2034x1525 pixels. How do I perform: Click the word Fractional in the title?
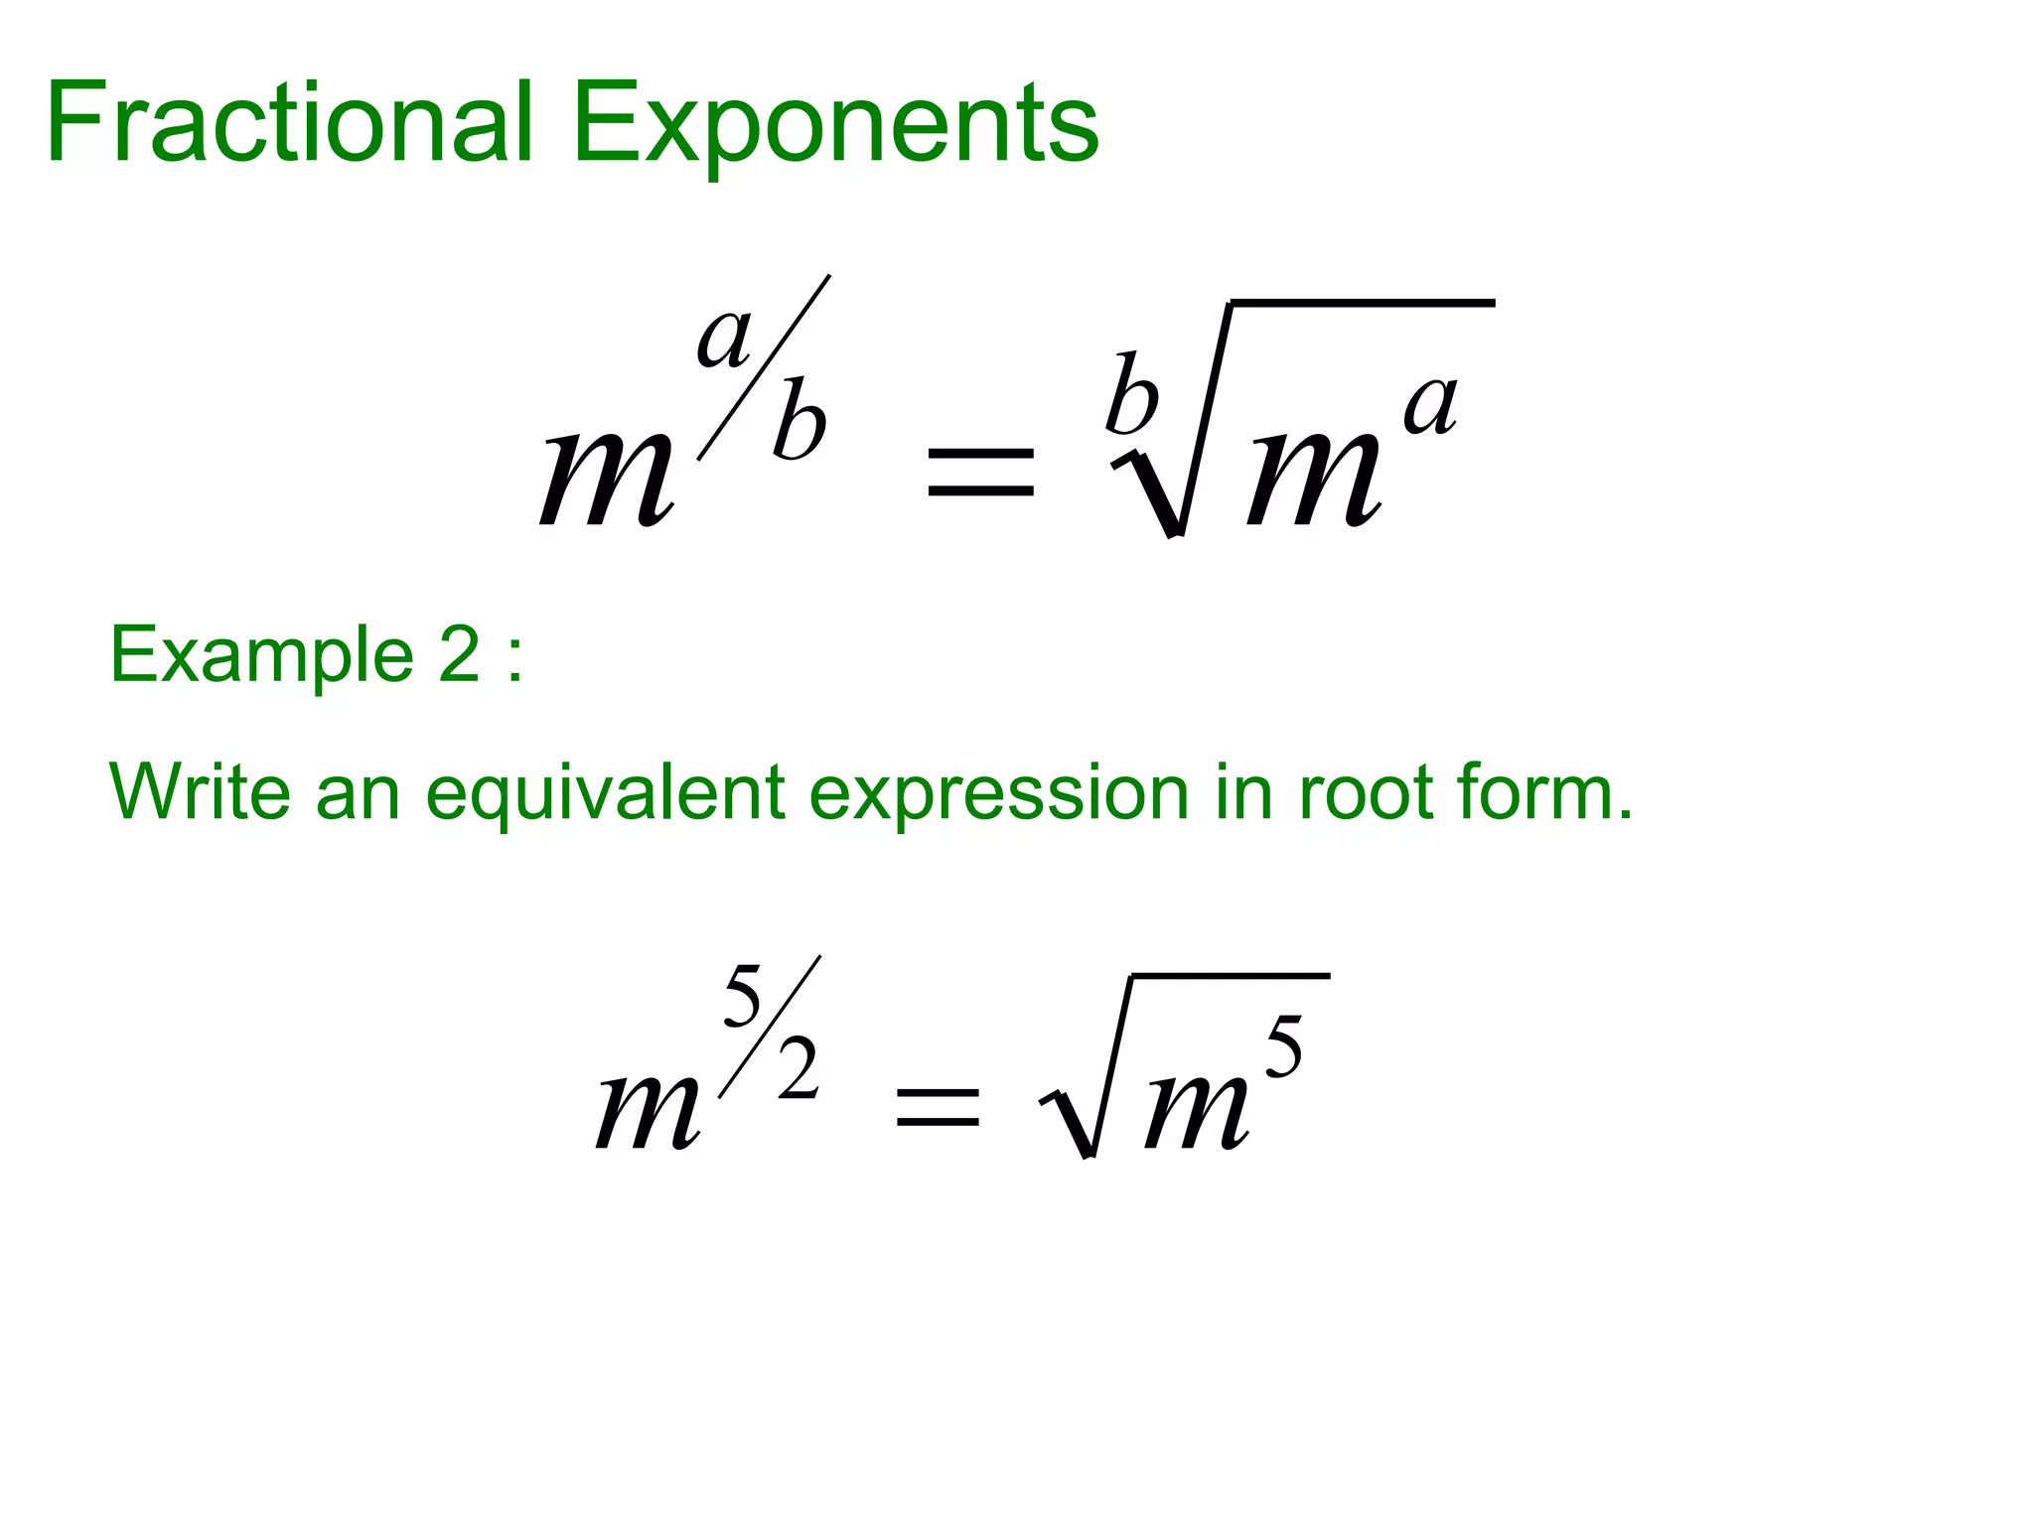click(290, 123)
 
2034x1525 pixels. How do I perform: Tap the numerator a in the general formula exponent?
click(725, 338)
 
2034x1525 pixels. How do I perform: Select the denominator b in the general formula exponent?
click(799, 420)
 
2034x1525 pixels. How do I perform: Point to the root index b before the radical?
click(1132, 394)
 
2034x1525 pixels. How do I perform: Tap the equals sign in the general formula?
click(980, 472)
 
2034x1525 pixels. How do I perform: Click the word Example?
click(261, 656)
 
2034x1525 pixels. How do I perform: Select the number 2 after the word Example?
click(459, 655)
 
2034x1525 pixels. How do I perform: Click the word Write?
click(200, 792)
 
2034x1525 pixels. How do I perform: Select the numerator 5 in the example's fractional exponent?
click(742, 996)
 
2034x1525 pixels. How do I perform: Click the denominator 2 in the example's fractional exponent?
click(799, 1069)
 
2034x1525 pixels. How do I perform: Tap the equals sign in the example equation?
click(937, 1107)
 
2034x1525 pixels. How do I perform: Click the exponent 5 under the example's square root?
click(1283, 1047)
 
